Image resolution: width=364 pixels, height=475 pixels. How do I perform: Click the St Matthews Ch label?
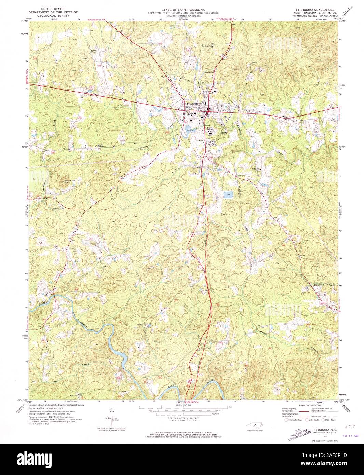point(58,208)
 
